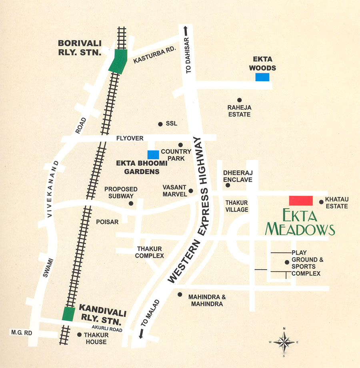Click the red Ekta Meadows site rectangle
(x=301, y=201)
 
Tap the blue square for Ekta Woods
(x=262, y=77)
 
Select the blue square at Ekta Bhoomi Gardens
(x=153, y=154)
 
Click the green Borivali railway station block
(x=118, y=61)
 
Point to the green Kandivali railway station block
(x=68, y=314)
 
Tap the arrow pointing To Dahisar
(x=186, y=30)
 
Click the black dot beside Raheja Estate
(x=239, y=100)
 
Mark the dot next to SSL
(x=160, y=124)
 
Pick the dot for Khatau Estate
(x=321, y=202)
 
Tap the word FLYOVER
(x=130, y=138)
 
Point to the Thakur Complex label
(x=150, y=252)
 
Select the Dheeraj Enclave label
(x=238, y=176)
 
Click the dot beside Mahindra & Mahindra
(x=180, y=294)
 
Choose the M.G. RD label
(x=18, y=333)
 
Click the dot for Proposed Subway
(x=131, y=203)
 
